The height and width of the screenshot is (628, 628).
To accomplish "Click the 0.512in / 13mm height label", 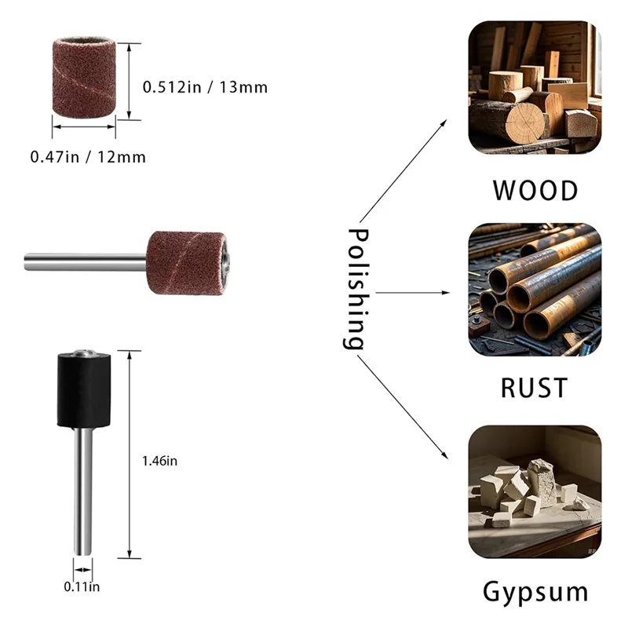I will [205, 87].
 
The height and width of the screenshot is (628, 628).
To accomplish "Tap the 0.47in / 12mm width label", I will [88, 157].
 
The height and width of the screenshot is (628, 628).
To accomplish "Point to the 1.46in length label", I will [162, 462].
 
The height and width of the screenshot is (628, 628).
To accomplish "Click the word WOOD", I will [535, 191].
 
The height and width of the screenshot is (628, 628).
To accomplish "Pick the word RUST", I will [535, 388].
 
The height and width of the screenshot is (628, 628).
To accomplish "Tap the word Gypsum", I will [535, 591].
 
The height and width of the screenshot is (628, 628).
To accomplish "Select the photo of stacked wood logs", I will [535, 87].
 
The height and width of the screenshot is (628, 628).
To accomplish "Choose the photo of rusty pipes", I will [535, 290].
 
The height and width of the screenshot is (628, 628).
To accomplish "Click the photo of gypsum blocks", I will [535, 491].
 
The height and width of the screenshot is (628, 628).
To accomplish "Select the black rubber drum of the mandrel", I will [84, 389].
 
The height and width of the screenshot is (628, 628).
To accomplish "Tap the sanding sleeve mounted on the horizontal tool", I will [187, 262].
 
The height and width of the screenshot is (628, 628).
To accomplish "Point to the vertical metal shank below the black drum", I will [82, 487].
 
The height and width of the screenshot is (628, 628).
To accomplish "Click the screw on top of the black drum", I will [83, 352].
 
